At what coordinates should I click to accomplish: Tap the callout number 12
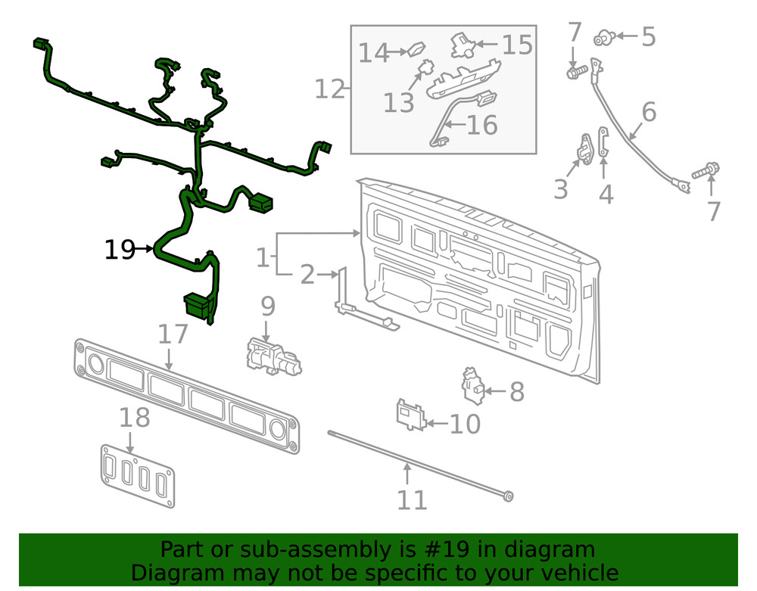329,89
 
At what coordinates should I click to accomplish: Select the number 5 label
648,36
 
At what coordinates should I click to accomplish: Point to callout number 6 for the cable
649,112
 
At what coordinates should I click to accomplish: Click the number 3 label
560,189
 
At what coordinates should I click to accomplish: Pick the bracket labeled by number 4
603,144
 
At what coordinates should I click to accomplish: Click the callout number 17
172,334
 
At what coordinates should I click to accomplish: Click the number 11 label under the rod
412,499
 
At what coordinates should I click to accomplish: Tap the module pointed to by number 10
410,415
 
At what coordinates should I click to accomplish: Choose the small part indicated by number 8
474,386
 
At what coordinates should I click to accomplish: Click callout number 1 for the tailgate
262,259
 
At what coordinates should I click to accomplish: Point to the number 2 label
307,275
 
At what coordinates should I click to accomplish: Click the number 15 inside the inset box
518,45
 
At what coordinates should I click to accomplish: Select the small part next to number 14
417,51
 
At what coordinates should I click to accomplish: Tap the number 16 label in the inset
481,125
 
